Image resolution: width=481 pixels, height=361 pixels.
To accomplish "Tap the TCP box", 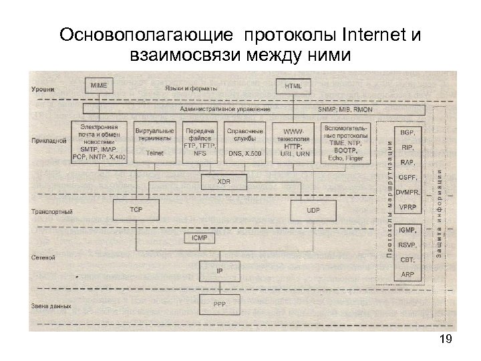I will (x=136, y=210).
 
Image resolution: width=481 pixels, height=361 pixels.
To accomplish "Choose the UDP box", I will (x=313, y=210).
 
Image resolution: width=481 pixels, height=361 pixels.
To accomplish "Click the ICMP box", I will (x=200, y=237).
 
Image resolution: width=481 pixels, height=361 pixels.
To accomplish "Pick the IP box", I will (x=219, y=271).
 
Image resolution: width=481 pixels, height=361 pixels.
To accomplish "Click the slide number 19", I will (x=446, y=340).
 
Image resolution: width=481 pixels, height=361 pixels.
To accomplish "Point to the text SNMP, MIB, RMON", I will (x=345, y=108).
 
